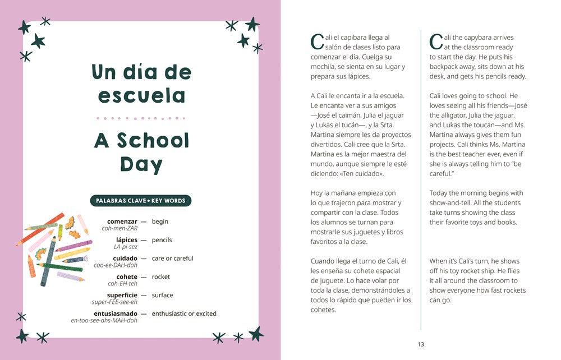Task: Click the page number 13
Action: [x=421, y=344]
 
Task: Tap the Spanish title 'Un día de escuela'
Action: [x=141, y=84]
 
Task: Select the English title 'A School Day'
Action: [x=141, y=151]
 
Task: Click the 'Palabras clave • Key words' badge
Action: [x=141, y=201]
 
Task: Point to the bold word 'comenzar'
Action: [x=122, y=221]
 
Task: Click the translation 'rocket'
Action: [x=160, y=277]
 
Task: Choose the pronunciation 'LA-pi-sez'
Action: [x=126, y=247]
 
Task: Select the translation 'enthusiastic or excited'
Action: [x=184, y=314]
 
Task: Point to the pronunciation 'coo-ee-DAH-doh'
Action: [x=116, y=265]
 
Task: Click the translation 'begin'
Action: [x=160, y=221]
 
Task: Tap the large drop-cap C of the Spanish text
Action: [x=316, y=42]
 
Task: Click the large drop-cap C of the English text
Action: [x=436, y=42]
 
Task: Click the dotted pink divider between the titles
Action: [x=141, y=118]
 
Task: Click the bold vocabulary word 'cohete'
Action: [x=127, y=277]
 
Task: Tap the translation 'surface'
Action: [x=162, y=296]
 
